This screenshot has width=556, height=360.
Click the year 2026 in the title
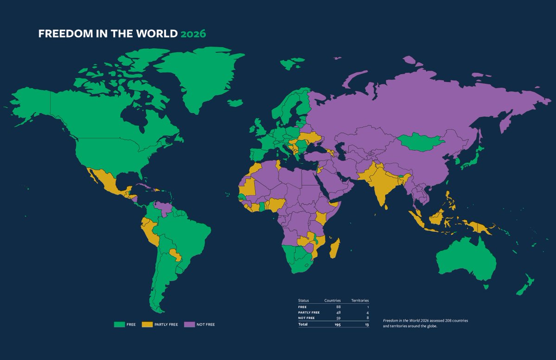193,34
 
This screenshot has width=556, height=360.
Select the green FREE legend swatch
119,324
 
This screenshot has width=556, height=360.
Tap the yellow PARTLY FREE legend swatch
147,324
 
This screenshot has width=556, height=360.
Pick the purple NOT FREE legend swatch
189,324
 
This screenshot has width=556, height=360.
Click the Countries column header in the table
332,301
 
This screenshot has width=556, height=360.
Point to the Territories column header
360,301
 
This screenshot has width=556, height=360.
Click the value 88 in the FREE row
339,307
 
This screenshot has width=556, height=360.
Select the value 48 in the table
339,312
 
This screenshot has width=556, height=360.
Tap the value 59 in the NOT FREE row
339,318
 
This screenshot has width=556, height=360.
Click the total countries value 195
338,324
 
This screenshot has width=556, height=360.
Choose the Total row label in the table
303,324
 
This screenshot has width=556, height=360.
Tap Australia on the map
464,260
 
